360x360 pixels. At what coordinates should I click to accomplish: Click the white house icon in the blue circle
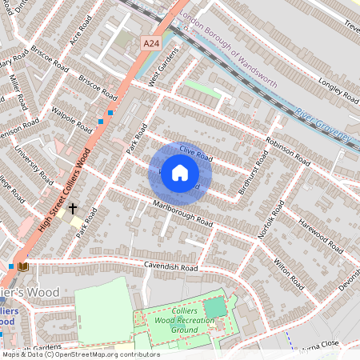pos(180,173)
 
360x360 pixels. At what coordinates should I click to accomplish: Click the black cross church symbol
pos(73,208)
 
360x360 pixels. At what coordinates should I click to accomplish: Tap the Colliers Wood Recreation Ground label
pos(174,320)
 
